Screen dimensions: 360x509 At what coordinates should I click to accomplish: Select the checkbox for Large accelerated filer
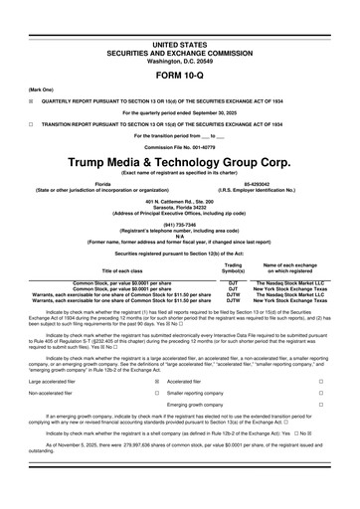coord(156,409)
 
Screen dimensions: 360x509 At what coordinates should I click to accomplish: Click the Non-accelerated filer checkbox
coord(156,421)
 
